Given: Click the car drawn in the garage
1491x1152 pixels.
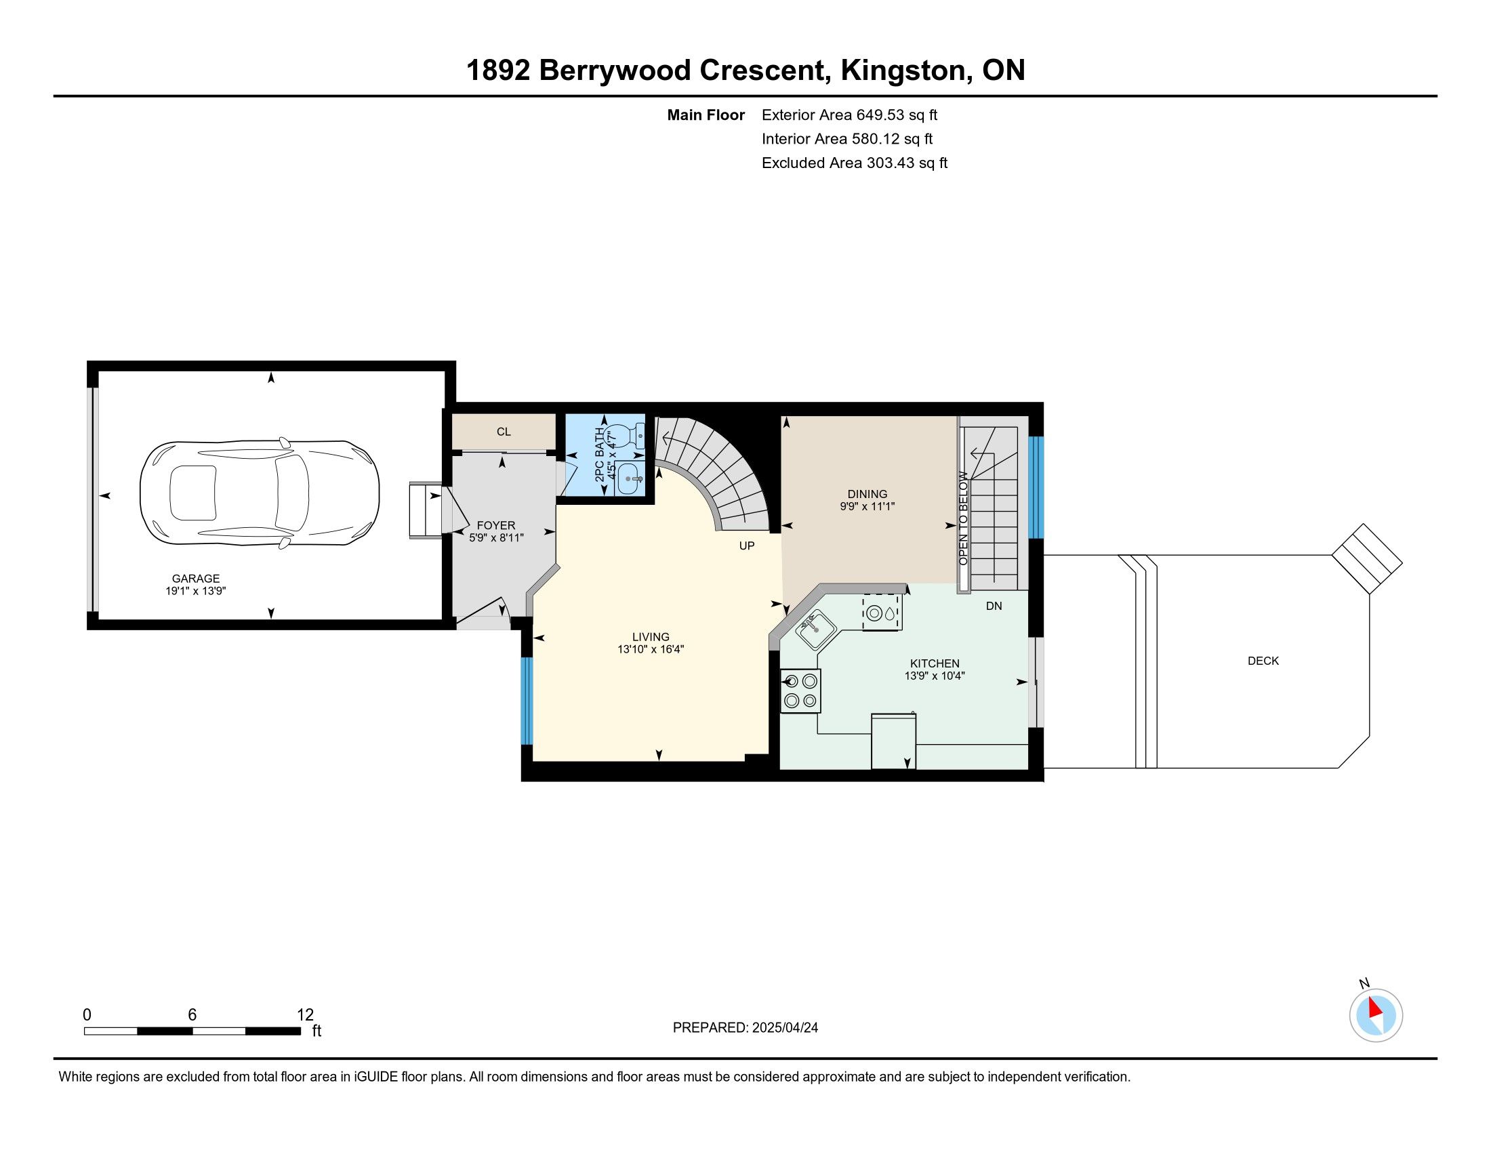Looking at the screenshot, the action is (x=260, y=493).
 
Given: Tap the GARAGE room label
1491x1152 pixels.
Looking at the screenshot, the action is (x=196, y=579).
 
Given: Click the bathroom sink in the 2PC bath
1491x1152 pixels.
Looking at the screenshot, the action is (x=630, y=478).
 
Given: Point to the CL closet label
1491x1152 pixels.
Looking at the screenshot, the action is (x=504, y=432).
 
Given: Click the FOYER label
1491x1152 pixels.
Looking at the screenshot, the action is (x=496, y=525).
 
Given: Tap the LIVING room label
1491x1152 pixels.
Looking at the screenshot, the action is (x=651, y=637).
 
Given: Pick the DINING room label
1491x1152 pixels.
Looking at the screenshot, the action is (x=867, y=494).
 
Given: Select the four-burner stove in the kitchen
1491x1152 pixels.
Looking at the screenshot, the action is (x=801, y=691).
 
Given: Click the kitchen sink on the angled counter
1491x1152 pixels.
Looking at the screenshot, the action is (x=815, y=630).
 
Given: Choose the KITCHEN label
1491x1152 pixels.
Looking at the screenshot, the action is (x=935, y=663).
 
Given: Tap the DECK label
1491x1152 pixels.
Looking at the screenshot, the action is (x=1263, y=661).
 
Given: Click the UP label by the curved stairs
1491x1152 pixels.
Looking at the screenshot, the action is (x=747, y=546).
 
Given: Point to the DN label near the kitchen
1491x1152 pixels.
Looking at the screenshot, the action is (x=994, y=606).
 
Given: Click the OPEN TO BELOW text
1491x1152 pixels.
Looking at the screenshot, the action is (x=963, y=518).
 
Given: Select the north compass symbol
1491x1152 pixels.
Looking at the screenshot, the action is (x=1376, y=1015).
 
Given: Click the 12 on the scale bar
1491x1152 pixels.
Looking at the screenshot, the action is (x=305, y=1015).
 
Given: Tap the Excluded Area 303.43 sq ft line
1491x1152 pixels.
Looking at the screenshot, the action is (x=855, y=163).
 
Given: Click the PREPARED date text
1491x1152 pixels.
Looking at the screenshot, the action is (x=745, y=1028).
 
